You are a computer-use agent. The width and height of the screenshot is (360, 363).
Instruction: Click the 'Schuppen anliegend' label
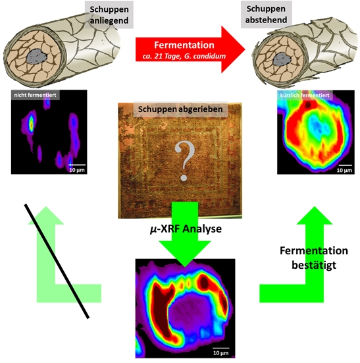pos(109,14)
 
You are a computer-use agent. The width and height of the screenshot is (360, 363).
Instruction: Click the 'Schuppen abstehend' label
pos(266,14)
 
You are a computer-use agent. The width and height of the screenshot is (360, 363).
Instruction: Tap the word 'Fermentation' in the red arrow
pos(184,45)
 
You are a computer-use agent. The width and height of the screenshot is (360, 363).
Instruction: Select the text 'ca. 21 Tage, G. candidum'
pos(184,56)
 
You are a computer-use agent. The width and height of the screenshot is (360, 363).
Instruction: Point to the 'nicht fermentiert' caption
pos(35,95)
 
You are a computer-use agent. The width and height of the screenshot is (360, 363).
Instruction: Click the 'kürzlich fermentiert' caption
pos(305,96)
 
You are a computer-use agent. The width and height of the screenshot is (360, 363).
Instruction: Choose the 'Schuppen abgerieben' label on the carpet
pos(180,109)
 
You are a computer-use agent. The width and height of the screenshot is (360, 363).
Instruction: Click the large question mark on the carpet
pos(184,161)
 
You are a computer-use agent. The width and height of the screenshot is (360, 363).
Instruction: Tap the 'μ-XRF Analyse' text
pos(186,229)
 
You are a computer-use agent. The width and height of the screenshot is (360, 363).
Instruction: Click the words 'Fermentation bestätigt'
pos(314,258)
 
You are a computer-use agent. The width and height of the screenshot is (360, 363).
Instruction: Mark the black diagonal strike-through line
pos(57,262)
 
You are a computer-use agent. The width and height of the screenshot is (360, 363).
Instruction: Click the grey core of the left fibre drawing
pos(37,56)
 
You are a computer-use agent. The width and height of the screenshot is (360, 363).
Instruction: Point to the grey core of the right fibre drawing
pos(282,59)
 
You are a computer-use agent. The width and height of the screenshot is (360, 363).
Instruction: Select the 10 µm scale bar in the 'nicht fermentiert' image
pos(77,165)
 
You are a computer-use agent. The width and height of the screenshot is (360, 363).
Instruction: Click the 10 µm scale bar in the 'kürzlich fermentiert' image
pos(346,165)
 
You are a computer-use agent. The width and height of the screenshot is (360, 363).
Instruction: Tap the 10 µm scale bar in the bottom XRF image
pos(221,348)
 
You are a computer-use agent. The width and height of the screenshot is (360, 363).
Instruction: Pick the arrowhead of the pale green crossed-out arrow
pos(46,215)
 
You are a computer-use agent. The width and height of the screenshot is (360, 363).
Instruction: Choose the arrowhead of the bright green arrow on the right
pos(315,215)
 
